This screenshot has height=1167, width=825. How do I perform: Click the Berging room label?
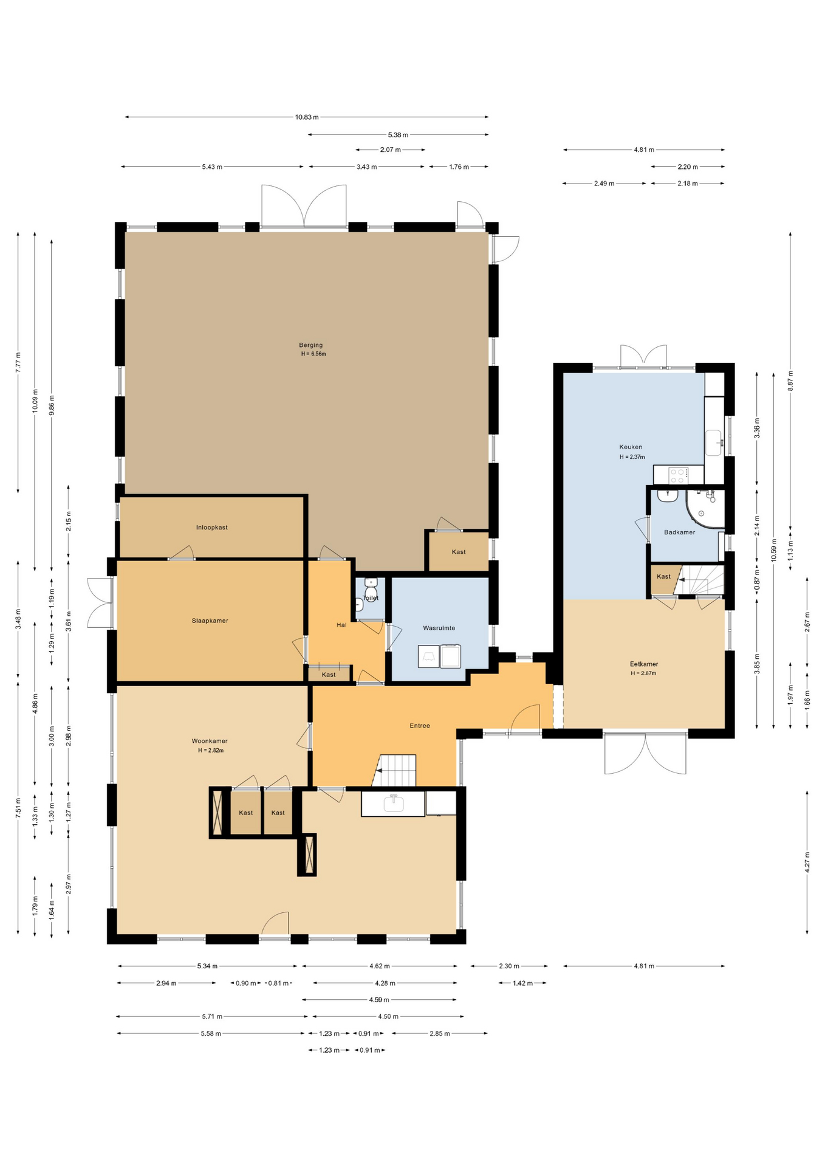click(310, 345)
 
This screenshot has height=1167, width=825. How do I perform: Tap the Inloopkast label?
click(212, 528)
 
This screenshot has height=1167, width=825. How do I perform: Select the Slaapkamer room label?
click(210, 621)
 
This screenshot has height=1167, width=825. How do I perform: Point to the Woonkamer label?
click(210, 741)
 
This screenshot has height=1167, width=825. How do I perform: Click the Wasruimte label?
click(439, 628)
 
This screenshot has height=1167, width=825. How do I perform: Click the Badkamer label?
click(679, 532)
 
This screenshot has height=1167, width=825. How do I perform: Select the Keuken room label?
click(631, 447)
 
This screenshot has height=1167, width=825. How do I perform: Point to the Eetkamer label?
click(644, 664)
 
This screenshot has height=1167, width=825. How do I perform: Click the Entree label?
click(420, 726)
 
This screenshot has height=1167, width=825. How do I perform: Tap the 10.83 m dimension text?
click(307, 117)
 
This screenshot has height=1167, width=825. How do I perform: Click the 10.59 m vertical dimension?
click(773, 551)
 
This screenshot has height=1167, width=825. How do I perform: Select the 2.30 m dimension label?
click(509, 966)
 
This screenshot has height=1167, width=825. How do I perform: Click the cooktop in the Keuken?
click(679, 475)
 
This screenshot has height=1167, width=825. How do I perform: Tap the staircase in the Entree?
click(395, 771)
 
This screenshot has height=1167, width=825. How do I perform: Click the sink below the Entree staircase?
click(394, 803)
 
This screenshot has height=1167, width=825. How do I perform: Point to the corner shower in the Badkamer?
click(706, 508)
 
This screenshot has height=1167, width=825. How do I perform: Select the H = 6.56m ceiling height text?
click(313, 354)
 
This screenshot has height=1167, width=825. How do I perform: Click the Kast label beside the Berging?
click(459, 552)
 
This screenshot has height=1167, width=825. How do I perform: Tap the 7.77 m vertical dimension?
click(18, 362)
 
